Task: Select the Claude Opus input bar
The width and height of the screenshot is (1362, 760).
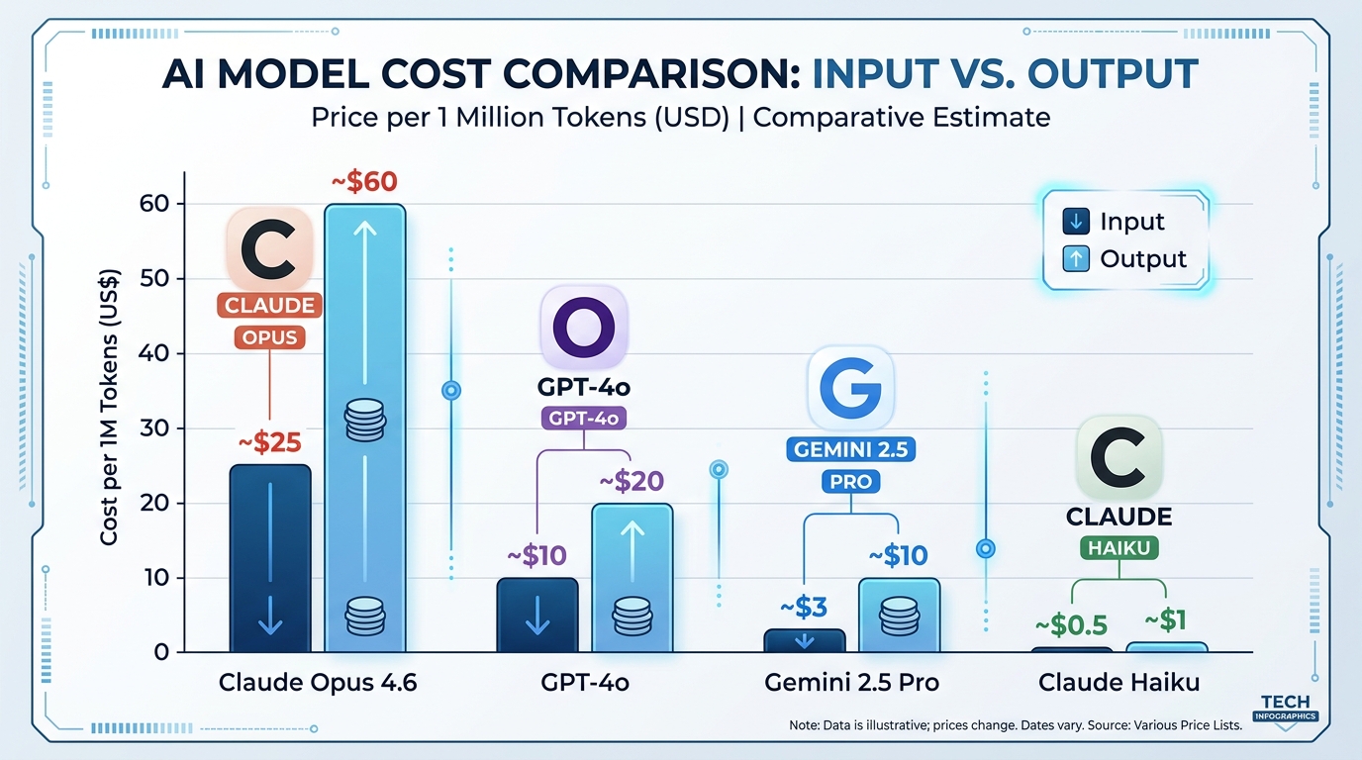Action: (x=270, y=559)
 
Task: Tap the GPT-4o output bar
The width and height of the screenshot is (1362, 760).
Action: (x=632, y=578)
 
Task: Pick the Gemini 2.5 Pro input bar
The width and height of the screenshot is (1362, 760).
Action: (x=804, y=640)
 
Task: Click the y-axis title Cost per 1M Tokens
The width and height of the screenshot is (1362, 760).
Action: (x=109, y=406)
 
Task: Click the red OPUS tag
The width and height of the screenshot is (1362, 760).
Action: (x=270, y=337)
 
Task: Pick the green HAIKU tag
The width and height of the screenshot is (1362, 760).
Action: (x=1119, y=547)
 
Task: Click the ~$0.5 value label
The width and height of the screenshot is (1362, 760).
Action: (x=1070, y=626)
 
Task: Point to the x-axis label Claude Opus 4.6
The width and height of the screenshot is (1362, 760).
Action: (x=318, y=683)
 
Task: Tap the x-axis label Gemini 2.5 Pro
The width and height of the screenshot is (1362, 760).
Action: (x=851, y=683)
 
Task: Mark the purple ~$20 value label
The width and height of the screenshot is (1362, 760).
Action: (x=632, y=482)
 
